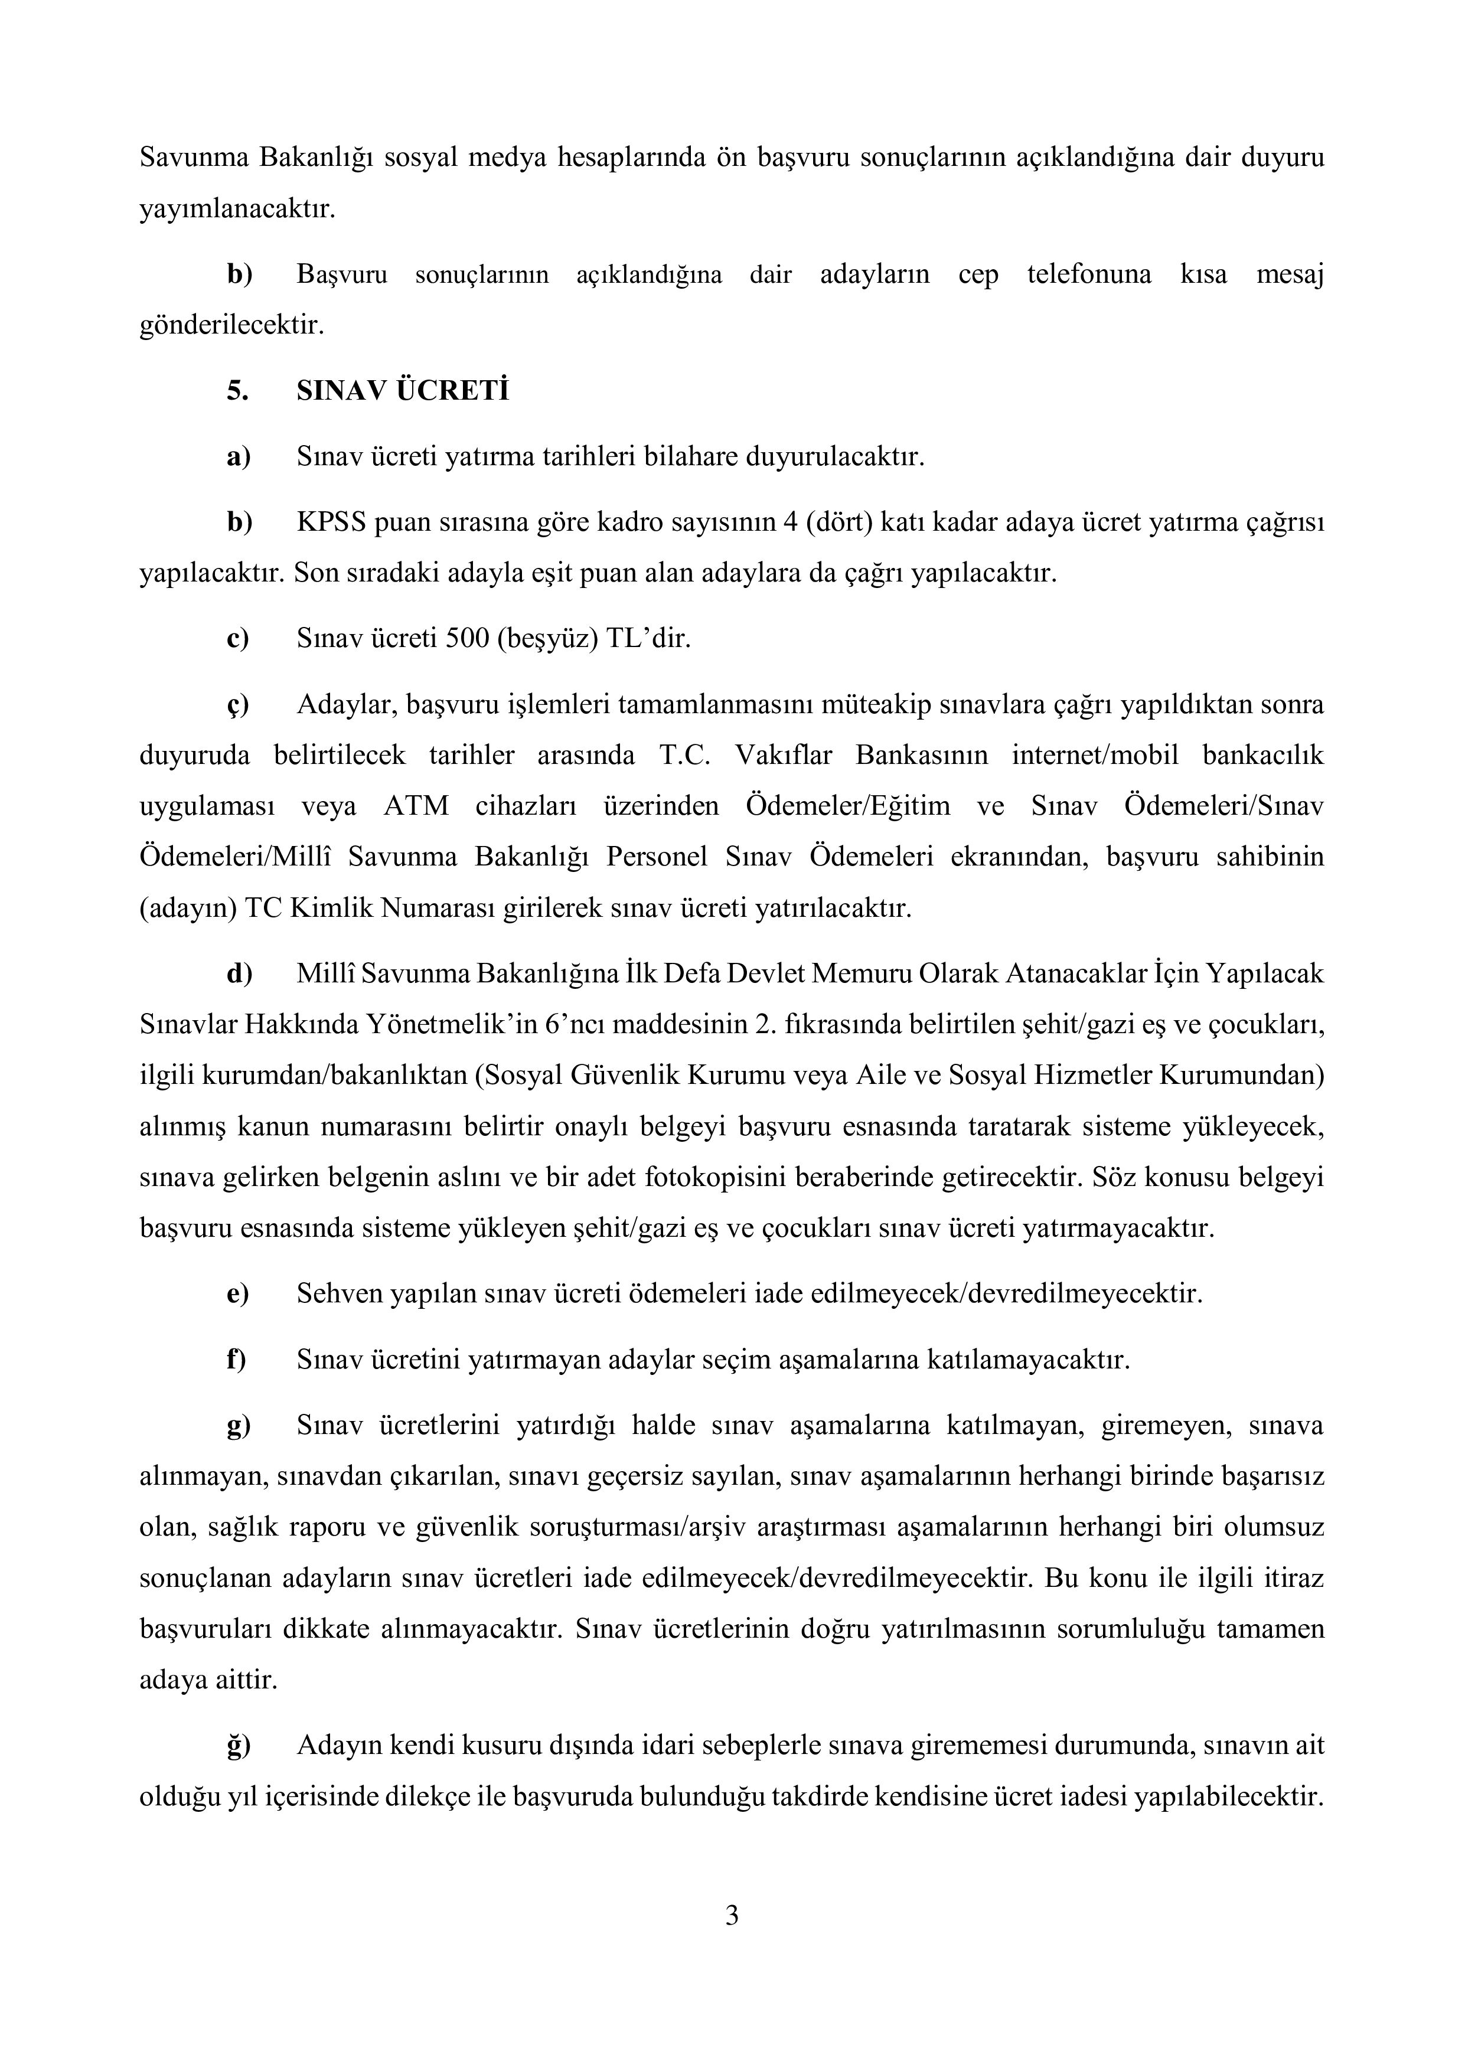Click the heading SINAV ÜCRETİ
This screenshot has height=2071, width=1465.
402,391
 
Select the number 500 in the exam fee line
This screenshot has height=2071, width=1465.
467,639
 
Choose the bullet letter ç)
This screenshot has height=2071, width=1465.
238,704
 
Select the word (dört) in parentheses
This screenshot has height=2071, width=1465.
840,522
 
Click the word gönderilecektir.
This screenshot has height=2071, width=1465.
231,325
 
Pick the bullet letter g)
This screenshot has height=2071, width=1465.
238,1425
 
